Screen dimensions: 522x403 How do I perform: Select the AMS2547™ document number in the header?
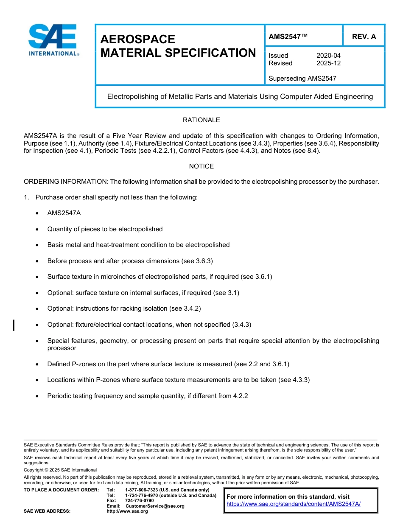point(288,36)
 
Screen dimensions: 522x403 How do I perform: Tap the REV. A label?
point(364,36)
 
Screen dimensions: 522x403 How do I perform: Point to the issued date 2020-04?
point(328,56)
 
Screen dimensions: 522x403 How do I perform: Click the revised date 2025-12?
point(328,63)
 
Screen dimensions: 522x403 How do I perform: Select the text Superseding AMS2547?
point(302,78)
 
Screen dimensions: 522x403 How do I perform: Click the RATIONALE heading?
point(201,120)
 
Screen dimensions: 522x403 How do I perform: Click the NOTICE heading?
point(201,166)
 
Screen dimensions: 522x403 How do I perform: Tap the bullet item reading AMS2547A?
point(64,213)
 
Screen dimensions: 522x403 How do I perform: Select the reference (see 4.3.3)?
point(294,380)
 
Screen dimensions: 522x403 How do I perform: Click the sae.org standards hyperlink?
point(294,504)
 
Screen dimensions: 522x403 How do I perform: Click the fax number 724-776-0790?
point(140,500)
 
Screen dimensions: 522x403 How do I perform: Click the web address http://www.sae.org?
point(127,511)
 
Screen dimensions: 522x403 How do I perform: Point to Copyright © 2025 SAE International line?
point(60,470)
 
